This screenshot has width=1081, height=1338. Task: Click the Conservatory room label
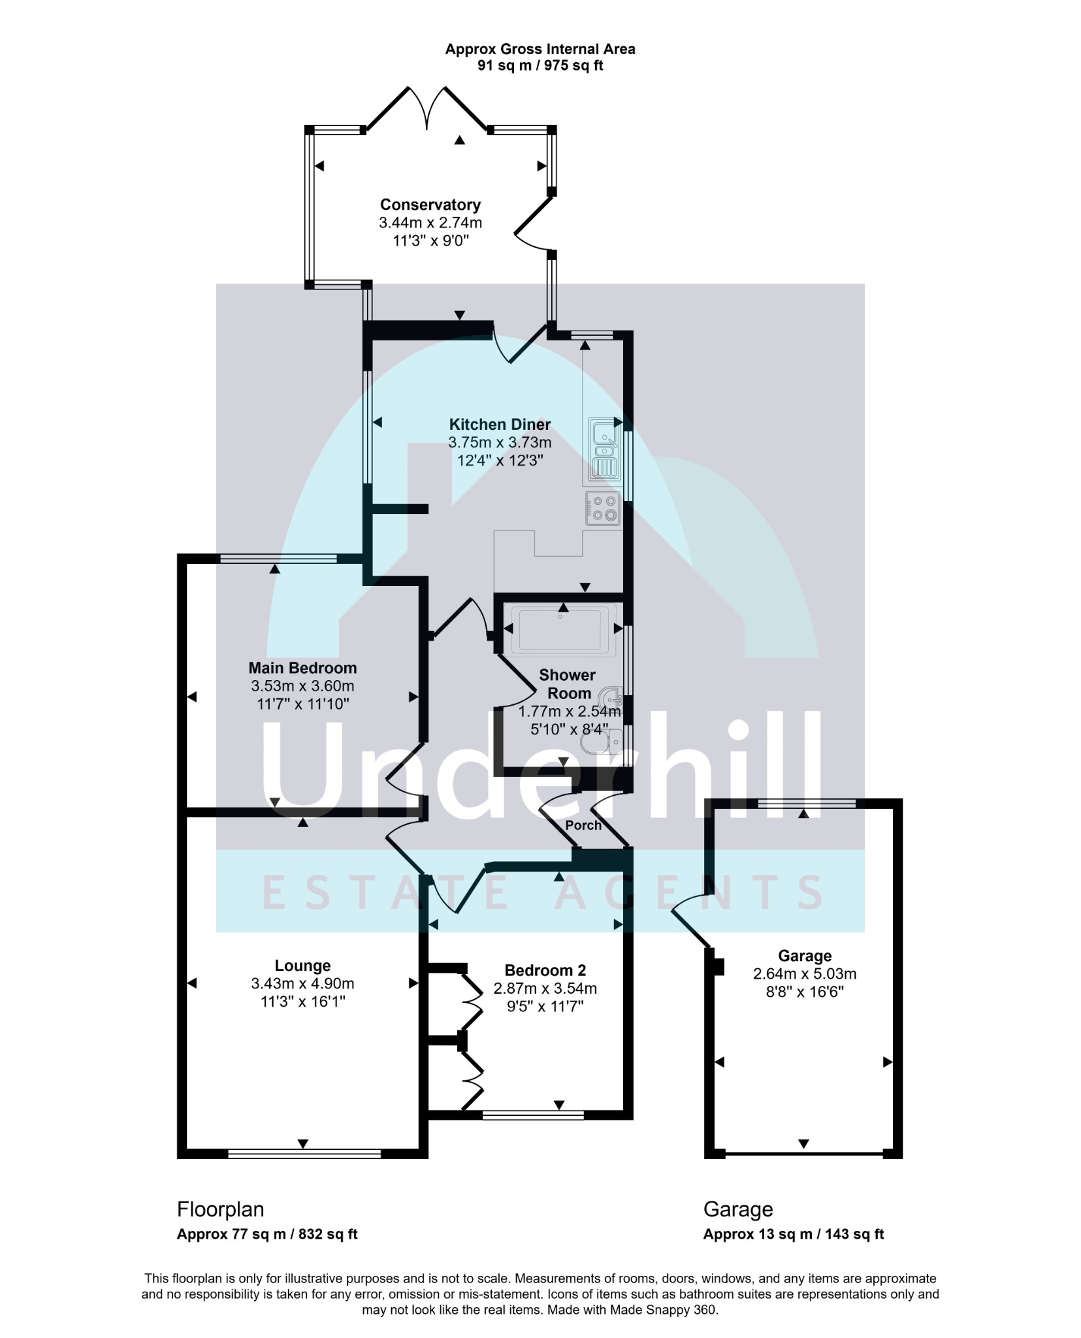(x=430, y=205)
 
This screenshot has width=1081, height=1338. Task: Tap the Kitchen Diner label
(x=500, y=425)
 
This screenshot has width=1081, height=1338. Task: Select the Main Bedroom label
(x=302, y=668)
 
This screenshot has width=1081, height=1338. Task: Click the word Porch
(x=583, y=825)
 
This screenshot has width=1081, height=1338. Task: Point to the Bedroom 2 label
(x=545, y=970)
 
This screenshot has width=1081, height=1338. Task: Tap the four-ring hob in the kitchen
(x=603, y=508)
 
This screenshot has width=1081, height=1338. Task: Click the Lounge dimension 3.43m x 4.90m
(x=302, y=984)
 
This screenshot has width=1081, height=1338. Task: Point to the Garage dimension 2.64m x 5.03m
(x=805, y=974)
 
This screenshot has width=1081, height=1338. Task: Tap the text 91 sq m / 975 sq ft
(x=540, y=66)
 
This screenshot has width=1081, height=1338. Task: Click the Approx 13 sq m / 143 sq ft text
(x=794, y=1234)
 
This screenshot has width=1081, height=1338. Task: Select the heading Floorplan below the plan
(x=221, y=1209)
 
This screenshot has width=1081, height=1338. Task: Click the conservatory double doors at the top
(x=427, y=108)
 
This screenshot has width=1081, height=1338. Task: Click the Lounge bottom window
(x=304, y=1154)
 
